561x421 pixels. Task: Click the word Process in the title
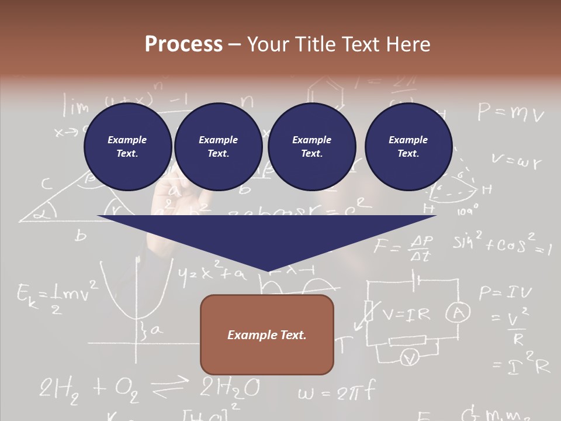(183, 44)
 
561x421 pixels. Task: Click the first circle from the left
(128, 147)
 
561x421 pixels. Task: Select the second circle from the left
(219, 147)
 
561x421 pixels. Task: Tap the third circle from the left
(311, 147)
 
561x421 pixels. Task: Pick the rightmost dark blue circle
(408, 147)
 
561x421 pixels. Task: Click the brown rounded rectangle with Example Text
(267, 335)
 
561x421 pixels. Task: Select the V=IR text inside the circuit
(406, 315)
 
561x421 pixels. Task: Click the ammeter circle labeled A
(458, 314)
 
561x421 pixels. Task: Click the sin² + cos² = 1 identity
(501, 244)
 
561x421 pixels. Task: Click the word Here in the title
(407, 44)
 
